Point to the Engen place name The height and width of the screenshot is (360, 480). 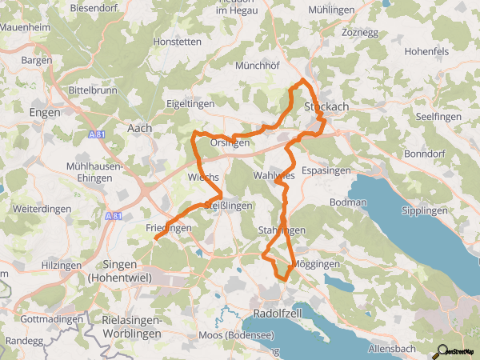tap(44, 113)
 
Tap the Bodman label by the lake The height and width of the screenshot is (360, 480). tap(347, 203)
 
